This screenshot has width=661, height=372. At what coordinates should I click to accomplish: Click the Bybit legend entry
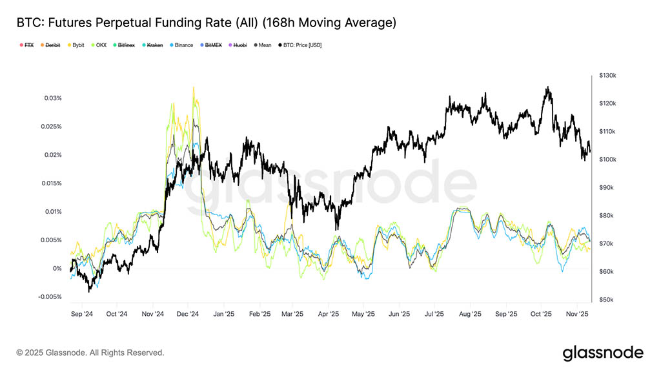tap(75, 45)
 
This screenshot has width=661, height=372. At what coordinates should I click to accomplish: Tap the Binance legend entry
tap(181, 45)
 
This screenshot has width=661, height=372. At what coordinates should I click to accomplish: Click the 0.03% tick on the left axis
tap(52, 98)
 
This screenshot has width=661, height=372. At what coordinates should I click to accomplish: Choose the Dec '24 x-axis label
tap(187, 314)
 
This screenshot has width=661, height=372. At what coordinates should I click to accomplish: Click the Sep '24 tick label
tap(81, 314)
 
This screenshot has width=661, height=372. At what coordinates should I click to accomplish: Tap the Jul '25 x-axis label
tap(434, 314)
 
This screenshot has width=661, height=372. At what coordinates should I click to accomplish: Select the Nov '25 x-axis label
tap(576, 314)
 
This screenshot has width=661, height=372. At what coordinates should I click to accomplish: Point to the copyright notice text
tap(90, 353)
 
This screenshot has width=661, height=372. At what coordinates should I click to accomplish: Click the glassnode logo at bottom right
tap(603, 353)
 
